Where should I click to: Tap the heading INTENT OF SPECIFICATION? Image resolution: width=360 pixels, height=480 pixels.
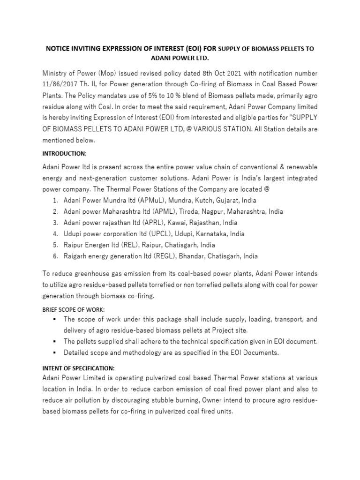[78, 368]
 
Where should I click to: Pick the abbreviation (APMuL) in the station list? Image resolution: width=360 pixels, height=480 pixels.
[139, 200]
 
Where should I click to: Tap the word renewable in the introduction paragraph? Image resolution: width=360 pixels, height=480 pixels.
[299, 167]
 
